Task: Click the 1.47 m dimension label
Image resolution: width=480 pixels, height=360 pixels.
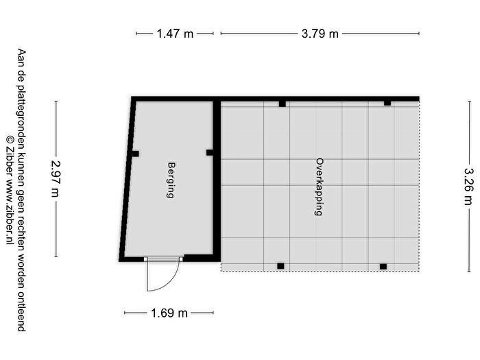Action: coord(175,34)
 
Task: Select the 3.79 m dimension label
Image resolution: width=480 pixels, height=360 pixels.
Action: coord(320,34)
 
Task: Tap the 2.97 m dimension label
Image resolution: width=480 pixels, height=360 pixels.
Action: coord(56,179)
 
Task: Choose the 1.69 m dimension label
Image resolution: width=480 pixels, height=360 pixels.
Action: coord(169,313)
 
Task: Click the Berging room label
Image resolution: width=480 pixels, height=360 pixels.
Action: coord(171,180)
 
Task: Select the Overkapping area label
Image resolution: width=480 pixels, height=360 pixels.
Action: coord(320,187)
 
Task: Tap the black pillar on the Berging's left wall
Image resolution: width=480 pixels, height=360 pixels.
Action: coord(135,154)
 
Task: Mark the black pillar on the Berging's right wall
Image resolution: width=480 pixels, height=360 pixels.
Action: coord(210,152)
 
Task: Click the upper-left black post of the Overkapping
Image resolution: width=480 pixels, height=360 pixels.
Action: coord(283,104)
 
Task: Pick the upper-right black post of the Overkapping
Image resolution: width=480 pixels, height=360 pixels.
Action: coord(387,103)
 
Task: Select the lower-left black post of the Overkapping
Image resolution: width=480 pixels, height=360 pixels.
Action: coord(280,266)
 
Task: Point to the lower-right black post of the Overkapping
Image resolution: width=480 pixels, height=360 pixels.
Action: coord(383,267)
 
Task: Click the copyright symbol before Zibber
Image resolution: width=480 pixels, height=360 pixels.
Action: coord(10,139)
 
